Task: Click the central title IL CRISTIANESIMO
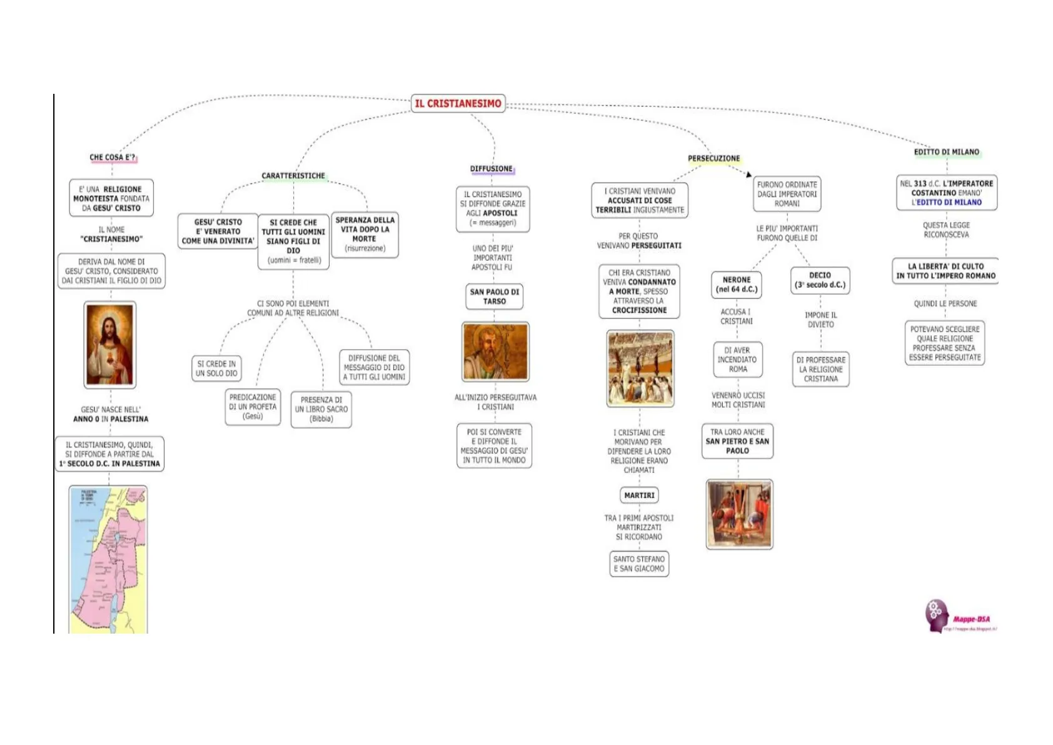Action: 458,103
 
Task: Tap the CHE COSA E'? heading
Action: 113,158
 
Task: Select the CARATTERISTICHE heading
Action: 293,176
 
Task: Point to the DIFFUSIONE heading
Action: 491,169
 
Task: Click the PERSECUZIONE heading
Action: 713,158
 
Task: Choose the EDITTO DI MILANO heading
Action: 947,152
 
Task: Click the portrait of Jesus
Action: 110,345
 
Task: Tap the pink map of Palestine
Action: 109,560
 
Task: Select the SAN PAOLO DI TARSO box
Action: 495,296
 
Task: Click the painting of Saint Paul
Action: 495,352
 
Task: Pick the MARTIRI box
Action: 640,495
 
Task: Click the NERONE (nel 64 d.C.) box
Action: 737,285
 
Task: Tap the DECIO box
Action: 820,280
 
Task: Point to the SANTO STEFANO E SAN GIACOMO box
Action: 639,564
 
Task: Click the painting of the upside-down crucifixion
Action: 739,514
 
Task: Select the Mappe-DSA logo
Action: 959,617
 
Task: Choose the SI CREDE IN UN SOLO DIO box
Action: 216,368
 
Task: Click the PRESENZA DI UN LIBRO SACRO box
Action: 321,409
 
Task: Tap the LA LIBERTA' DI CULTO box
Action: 945,271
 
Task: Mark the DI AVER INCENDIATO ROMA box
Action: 738,360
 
